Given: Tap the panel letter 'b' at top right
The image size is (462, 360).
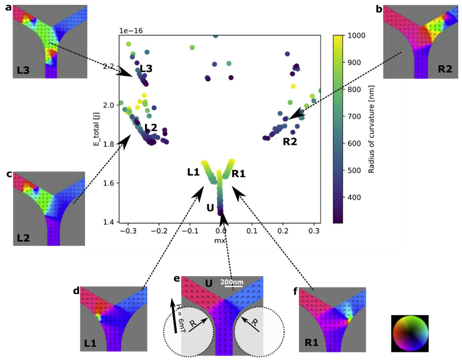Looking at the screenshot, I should coord(379,8).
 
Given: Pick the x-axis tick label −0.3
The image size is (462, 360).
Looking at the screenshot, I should coord(127,230).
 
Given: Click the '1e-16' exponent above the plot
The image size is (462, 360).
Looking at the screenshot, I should coord(130,31).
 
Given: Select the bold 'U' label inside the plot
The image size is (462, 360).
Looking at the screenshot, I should coord(211,207).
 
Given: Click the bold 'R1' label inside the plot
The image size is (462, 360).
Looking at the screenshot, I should coord(239,173).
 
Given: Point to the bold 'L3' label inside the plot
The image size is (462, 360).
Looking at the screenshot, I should coord(146,68).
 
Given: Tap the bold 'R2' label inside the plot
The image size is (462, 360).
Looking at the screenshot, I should coord(290,142).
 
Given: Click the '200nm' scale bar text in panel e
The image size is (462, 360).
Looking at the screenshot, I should coord(232,281).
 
